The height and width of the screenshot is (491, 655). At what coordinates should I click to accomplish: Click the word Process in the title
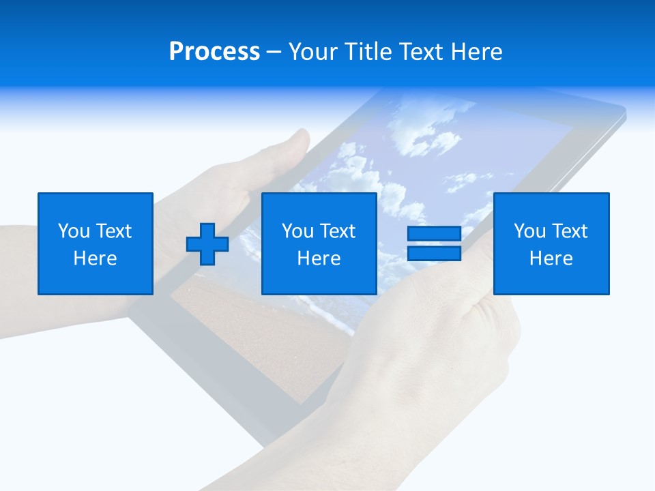(x=214, y=52)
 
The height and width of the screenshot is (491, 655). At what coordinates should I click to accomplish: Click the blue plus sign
(x=207, y=244)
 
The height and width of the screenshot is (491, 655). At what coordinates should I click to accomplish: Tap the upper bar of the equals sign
(x=434, y=235)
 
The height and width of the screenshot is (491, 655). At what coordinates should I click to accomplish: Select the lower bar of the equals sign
(x=434, y=254)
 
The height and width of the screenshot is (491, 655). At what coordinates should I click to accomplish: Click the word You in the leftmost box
(x=73, y=231)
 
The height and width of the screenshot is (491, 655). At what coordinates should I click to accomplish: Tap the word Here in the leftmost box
(x=95, y=258)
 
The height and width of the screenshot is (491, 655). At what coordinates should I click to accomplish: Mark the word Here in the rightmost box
(x=551, y=258)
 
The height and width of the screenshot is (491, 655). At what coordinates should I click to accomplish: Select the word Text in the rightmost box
(x=570, y=231)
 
